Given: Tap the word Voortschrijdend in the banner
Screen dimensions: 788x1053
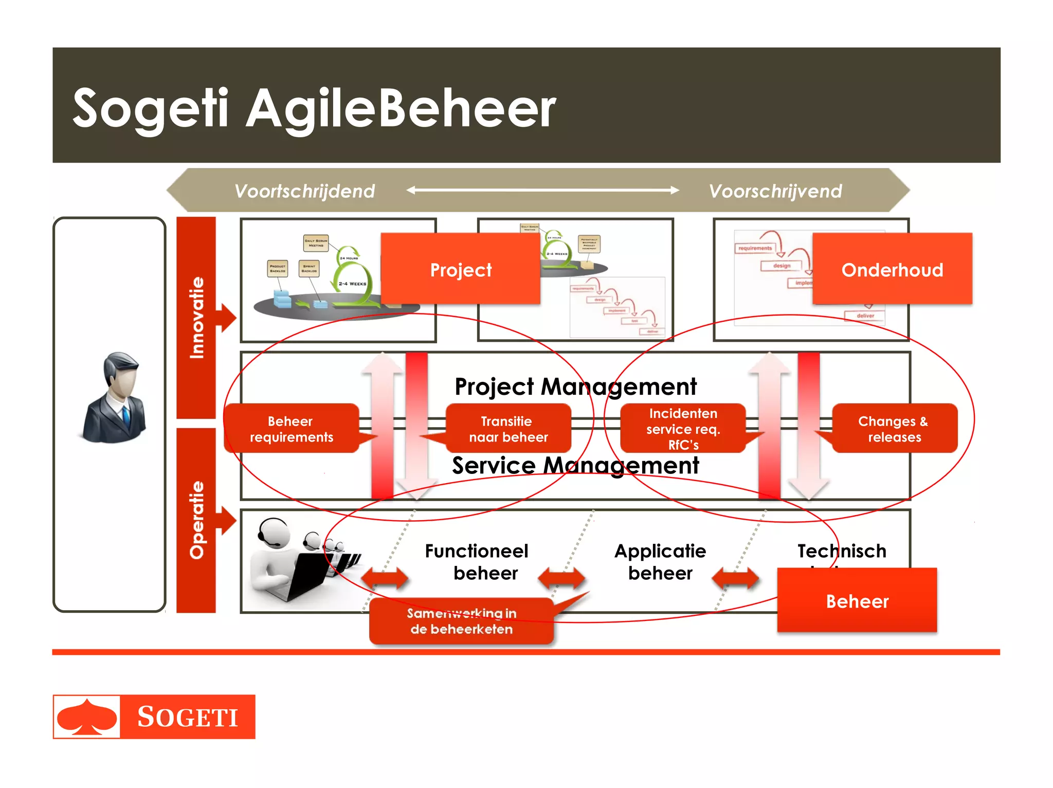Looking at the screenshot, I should coord(304,191).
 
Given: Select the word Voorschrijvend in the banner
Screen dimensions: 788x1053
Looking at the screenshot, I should coord(775,191).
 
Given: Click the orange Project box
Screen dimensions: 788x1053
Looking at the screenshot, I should coord(460,269).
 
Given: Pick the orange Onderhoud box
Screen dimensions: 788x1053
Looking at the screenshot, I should coord(892,269).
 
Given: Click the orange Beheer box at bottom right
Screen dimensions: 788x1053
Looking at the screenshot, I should coord(857,601).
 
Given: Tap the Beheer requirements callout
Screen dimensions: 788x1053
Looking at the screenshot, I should coord(291,429).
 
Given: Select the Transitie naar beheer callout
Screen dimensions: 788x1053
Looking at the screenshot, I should coord(508,429).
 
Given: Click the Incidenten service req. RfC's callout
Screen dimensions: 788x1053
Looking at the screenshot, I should coord(682,429).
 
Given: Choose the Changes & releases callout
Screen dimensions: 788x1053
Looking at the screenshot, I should coord(894,429).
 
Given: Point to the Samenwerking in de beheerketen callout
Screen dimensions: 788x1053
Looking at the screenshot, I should coord(461,621).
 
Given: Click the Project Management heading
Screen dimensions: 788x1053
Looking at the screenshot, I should coord(575,387).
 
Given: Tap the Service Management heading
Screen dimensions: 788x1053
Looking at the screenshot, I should coord(575,466).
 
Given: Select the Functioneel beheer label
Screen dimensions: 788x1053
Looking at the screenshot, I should coord(477,561).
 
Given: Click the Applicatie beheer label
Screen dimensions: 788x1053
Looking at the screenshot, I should coord(660,561).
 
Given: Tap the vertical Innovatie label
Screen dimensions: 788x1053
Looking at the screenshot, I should coord(196,317).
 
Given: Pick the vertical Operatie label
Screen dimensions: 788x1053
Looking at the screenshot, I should coord(196,520).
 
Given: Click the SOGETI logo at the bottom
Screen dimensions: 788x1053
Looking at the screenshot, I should coord(154,717).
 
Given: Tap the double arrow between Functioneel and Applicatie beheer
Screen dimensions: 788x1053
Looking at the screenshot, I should coord(561,578).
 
